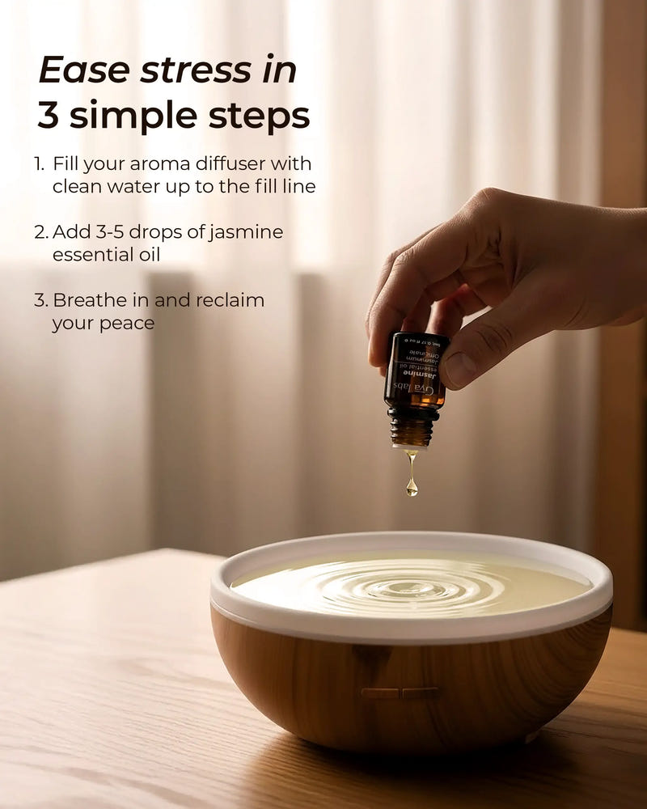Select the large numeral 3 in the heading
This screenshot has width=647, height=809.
click(x=49, y=116)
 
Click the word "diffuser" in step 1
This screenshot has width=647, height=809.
click(x=224, y=163)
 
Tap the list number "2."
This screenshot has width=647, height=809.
click(x=42, y=232)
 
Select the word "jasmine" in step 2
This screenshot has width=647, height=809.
click(x=244, y=232)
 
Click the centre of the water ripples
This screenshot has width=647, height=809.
click(x=412, y=587)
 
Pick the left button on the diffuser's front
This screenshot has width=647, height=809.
click(x=380, y=693)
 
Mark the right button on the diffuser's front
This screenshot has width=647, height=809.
click(x=421, y=693)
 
